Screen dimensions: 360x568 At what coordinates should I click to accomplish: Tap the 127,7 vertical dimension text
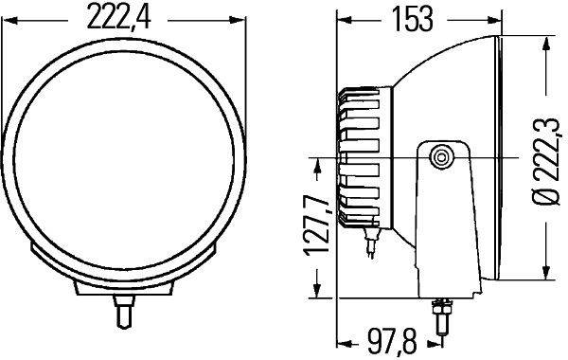click(x=317, y=227)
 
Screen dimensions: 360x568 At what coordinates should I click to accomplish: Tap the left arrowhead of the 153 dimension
click(x=344, y=19)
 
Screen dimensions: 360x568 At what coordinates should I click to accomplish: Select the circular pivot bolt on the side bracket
click(x=440, y=157)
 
